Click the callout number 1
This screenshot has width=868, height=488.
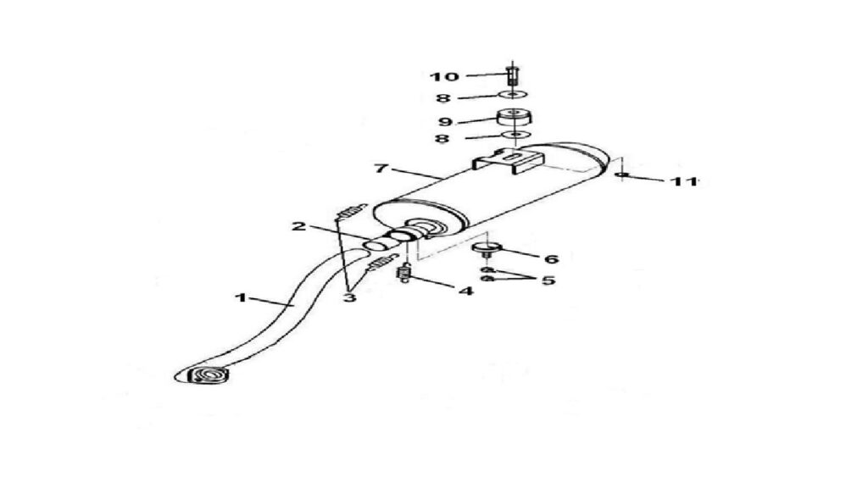click(x=240, y=297)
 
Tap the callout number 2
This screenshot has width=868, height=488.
click(x=299, y=225)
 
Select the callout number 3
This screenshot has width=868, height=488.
click(x=348, y=297)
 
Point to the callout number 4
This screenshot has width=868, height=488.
click(x=467, y=291)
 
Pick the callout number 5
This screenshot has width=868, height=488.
click(x=548, y=280)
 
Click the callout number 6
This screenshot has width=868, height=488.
click(x=551, y=258)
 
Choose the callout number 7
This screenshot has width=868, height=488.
click(x=381, y=168)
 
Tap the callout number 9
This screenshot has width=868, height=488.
click(x=445, y=122)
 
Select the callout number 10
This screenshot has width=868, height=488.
click(x=444, y=76)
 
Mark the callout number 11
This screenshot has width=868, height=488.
click(x=684, y=181)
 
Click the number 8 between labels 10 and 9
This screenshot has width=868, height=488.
click(x=442, y=98)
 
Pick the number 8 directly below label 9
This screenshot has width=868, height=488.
click(x=442, y=138)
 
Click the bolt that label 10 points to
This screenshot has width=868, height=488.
click(x=512, y=75)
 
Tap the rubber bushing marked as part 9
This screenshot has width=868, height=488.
click(x=515, y=118)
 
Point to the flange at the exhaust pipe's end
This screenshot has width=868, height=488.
click(x=209, y=375)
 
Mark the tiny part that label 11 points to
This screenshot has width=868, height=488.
click(x=623, y=175)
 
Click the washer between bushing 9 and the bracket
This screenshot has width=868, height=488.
click(x=515, y=136)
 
